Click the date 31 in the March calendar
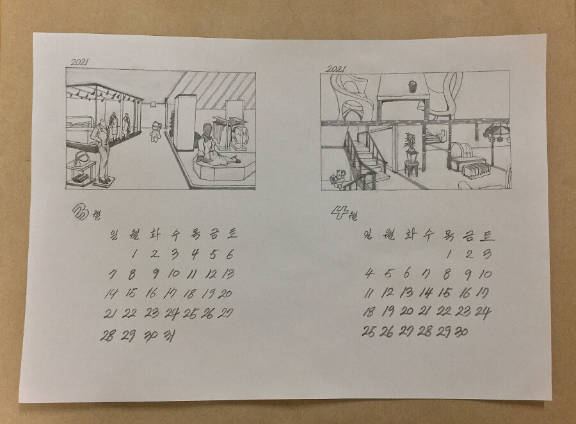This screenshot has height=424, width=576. pos(169,336)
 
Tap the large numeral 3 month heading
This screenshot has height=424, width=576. pos(80,212)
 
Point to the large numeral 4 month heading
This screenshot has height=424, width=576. pos(339,212)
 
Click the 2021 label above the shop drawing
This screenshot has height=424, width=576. pos(79,62)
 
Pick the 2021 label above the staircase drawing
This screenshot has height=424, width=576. pos(336,69)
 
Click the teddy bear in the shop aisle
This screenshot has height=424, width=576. pos(156,131)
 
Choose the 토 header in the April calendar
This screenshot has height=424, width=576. pos(487,235)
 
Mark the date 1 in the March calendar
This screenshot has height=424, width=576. pos(134,254)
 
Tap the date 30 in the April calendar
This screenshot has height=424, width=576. pos(461,332)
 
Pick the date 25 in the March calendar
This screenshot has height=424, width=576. pos(190,314)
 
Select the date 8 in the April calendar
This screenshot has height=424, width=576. pos(447,274)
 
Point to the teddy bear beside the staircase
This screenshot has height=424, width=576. pos(337,178)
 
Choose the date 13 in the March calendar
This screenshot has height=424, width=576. pos(228,273)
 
